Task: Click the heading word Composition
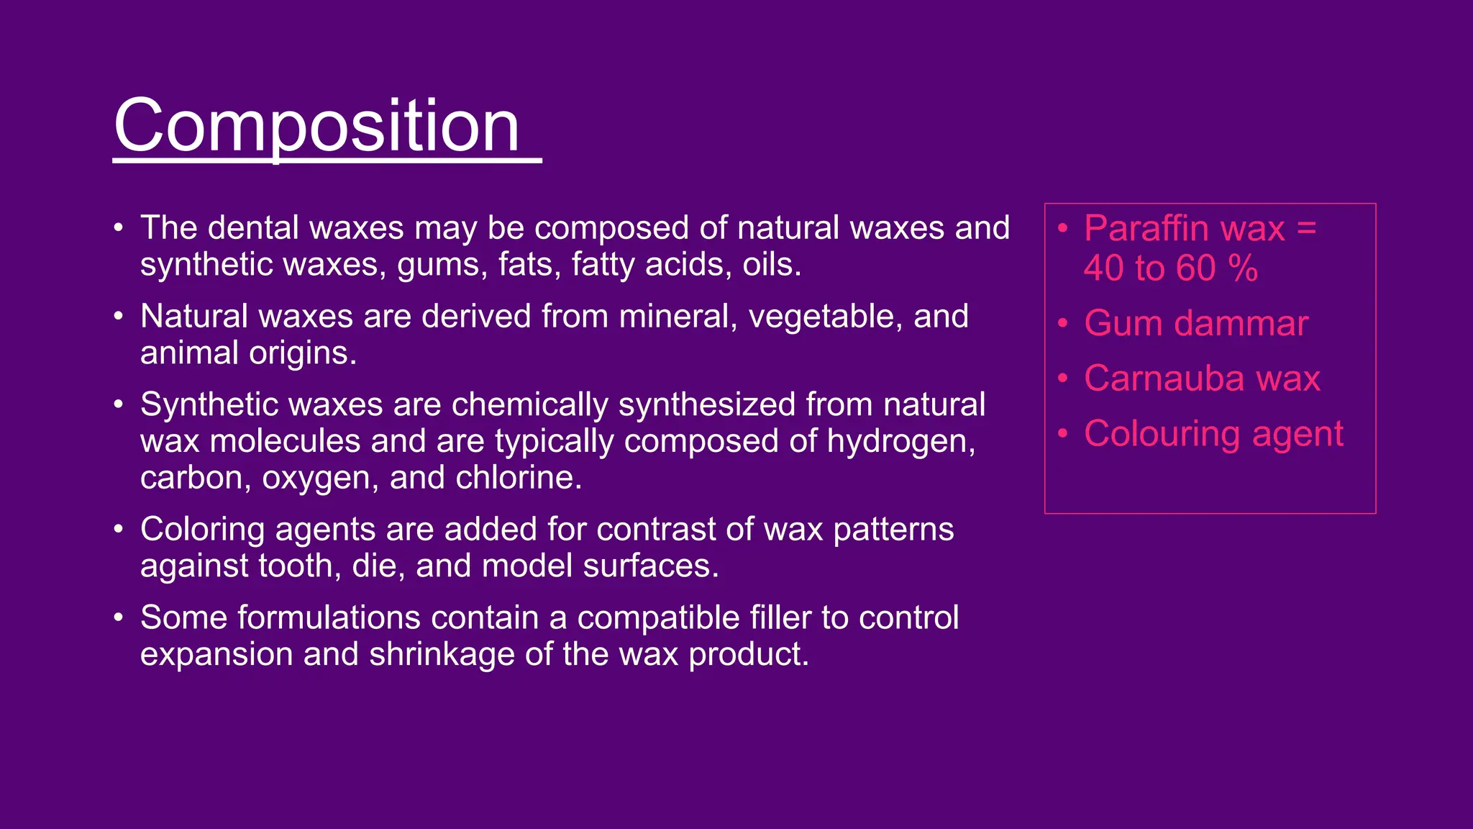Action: click(316, 127)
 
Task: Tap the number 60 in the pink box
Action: click(1195, 268)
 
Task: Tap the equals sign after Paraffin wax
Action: click(1306, 229)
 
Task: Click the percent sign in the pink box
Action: click(1243, 268)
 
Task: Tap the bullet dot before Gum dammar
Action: click(1063, 323)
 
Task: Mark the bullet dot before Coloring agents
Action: click(119, 530)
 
